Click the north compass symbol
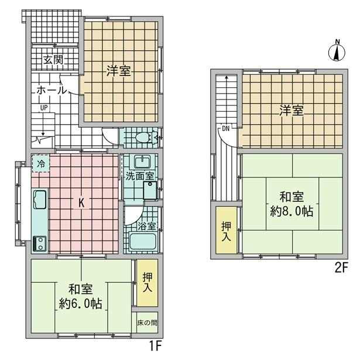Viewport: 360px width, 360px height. click(x=337, y=52)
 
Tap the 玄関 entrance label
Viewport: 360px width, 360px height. click(x=53, y=60)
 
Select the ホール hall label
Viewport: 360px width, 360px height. click(x=52, y=90)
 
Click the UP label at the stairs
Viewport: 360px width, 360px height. click(x=44, y=108)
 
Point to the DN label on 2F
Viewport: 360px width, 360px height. click(x=226, y=129)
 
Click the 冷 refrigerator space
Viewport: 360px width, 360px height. click(x=41, y=164)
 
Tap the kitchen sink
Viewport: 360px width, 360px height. click(x=40, y=200)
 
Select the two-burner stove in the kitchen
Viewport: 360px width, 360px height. click(x=40, y=244)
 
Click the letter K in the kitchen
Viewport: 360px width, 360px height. click(x=81, y=203)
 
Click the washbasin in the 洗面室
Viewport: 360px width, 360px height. click(x=142, y=162)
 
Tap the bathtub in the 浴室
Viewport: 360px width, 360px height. click(x=143, y=242)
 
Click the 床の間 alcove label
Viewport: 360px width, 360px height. click(x=147, y=323)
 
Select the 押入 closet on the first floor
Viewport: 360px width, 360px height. click(x=147, y=283)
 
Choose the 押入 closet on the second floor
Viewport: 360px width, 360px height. click(x=226, y=230)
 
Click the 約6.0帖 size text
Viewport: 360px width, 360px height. click(x=81, y=304)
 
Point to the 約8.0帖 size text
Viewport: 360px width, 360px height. click(x=292, y=211)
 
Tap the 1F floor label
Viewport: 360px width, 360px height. click(x=156, y=345)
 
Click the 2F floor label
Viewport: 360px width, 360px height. click(x=341, y=268)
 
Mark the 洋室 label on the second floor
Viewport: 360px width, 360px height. click(x=292, y=111)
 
